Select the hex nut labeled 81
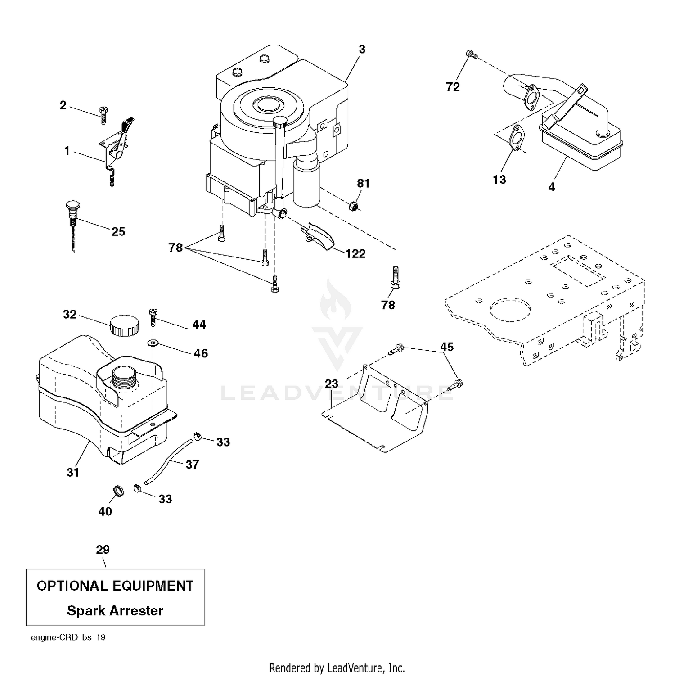354,206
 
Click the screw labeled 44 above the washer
153,318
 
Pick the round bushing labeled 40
118,491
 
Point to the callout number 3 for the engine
362,49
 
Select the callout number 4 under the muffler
552,186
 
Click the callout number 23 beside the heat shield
332,384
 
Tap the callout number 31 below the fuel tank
73,472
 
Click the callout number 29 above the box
103,550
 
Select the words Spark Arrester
115,611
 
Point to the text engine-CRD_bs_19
68,637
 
